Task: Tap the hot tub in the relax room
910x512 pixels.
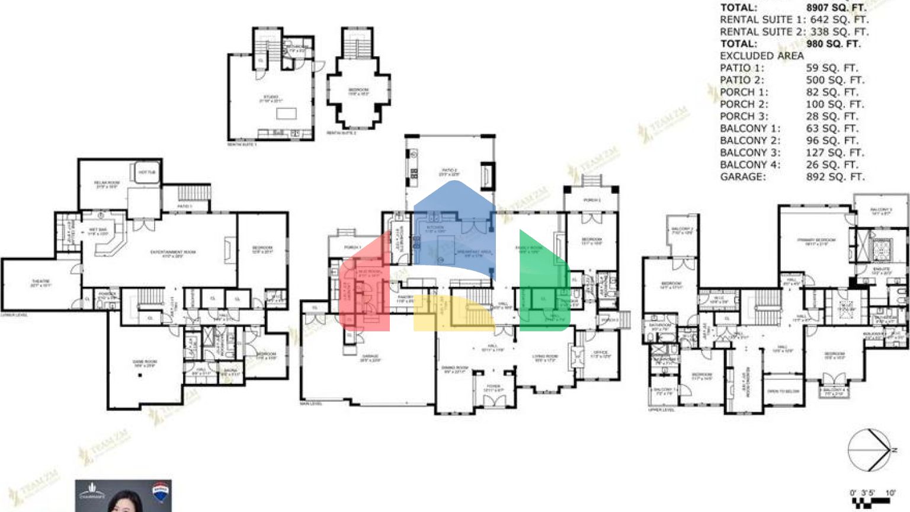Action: click(x=148, y=172)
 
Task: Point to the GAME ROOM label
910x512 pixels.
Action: click(x=145, y=363)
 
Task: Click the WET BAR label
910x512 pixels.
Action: click(x=98, y=231)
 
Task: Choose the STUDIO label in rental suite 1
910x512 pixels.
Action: click(x=270, y=98)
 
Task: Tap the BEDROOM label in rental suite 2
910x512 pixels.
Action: click(x=358, y=91)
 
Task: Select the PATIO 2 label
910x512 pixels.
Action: click(x=448, y=172)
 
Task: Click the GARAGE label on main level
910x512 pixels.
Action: click(x=370, y=357)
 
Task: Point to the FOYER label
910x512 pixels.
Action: click(x=494, y=388)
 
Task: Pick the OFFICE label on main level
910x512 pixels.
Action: click(x=600, y=354)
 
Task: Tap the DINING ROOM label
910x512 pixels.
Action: click(x=455, y=369)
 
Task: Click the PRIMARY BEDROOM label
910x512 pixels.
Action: click(x=816, y=241)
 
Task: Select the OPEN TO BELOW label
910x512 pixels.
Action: click(x=783, y=392)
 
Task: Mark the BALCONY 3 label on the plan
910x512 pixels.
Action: click(x=881, y=211)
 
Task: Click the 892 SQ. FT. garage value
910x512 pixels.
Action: click(x=835, y=177)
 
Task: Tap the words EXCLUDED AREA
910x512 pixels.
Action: click(x=761, y=56)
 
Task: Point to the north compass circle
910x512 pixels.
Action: click(x=869, y=450)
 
